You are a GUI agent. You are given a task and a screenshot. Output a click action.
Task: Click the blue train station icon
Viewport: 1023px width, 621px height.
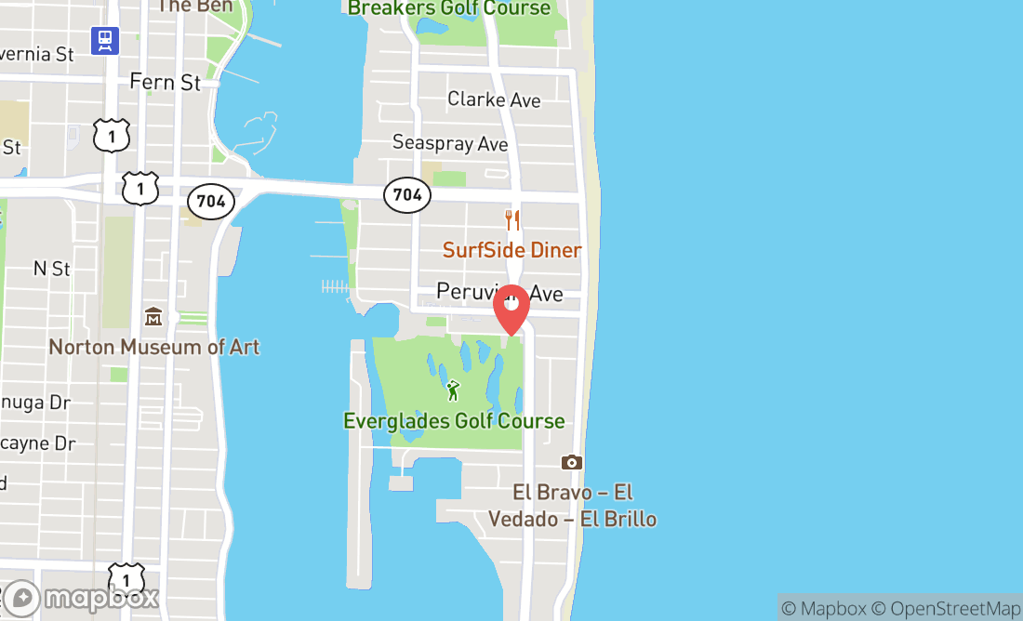pos(105,40)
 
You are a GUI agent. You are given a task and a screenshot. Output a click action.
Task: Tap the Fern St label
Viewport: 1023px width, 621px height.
pos(165,83)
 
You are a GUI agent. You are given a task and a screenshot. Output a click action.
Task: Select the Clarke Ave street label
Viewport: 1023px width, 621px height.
pos(494,99)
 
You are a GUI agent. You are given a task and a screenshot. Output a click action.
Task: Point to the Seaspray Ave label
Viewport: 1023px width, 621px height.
pos(450,143)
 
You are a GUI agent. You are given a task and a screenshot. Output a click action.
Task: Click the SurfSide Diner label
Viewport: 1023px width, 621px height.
pos(511,250)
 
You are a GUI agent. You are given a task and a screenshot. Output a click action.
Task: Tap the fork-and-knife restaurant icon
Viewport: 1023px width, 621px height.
pos(511,220)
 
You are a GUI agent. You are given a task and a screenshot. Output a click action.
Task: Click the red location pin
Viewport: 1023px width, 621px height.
pos(511,308)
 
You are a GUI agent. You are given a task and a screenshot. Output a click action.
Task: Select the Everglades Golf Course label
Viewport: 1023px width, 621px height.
pos(454,421)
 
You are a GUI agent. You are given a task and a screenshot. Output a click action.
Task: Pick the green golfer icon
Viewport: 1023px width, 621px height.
pos(453,390)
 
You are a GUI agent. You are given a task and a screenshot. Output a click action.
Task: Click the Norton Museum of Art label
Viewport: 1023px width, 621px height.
pos(154,347)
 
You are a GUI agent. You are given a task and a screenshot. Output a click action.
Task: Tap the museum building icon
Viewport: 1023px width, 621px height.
pos(153,318)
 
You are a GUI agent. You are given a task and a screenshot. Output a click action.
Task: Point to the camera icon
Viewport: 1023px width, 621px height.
pos(571,462)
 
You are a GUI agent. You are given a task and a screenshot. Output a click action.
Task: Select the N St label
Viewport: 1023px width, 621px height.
pos(52,269)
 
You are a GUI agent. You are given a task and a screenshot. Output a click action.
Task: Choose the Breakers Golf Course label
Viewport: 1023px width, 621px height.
pos(449,8)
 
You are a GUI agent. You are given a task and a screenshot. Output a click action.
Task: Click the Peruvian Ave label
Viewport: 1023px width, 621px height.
pos(499,293)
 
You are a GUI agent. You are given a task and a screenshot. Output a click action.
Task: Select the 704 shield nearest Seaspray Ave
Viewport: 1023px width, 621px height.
pos(407,194)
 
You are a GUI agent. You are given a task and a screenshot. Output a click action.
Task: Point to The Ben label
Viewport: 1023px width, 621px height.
pos(195,6)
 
